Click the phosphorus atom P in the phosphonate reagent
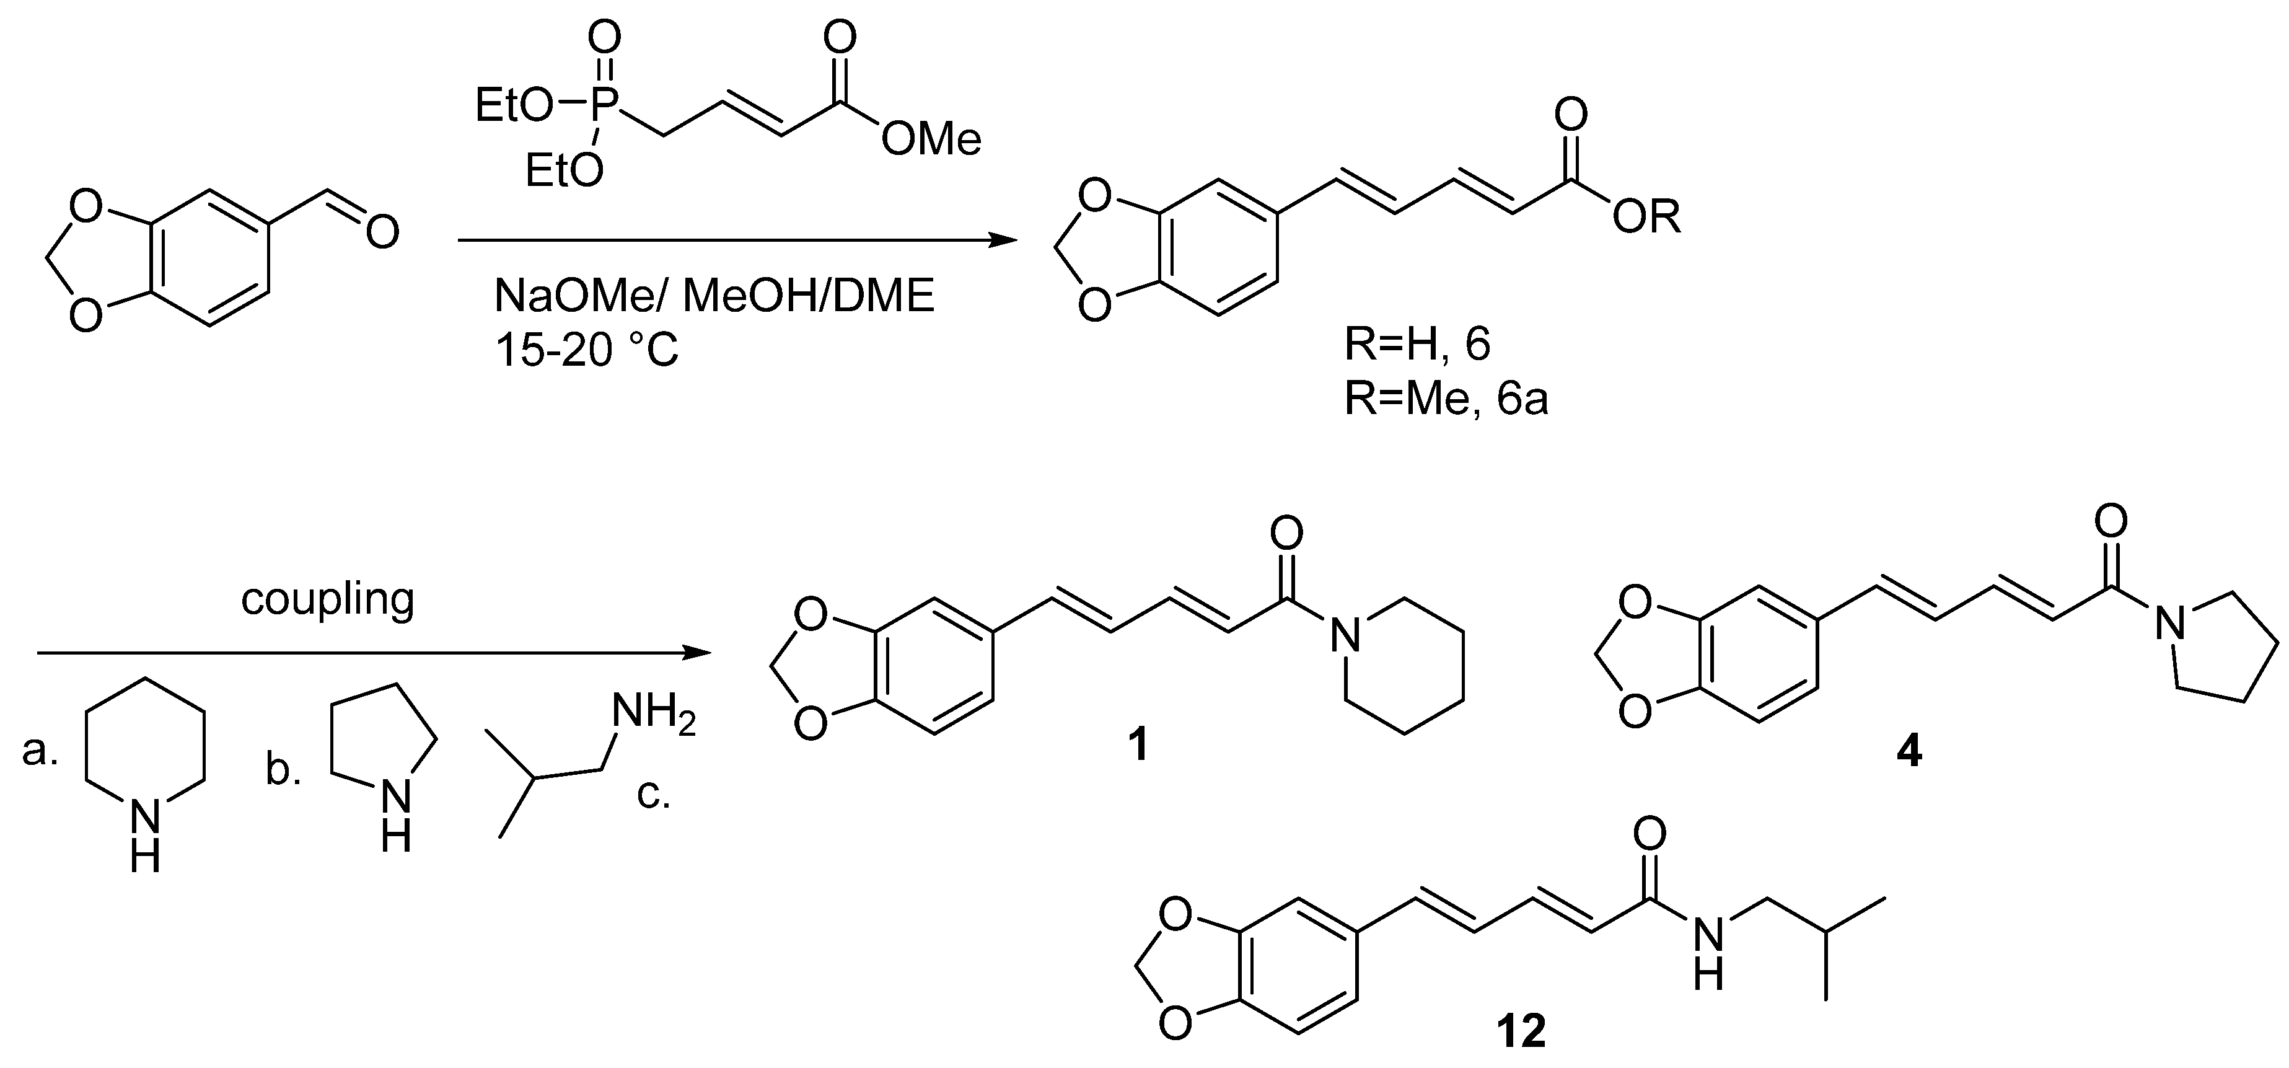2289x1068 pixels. (605, 107)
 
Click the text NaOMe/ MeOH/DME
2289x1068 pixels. (714, 296)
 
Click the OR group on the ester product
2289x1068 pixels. (1646, 217)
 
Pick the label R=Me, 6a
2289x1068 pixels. (1446, 399)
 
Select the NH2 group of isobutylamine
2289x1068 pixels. (653, 714)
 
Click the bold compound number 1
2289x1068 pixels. (1138, 746)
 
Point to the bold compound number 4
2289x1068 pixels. (1909, 752)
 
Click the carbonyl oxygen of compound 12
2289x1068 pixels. (1650, 835)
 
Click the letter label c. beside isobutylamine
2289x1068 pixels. (653, 793)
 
